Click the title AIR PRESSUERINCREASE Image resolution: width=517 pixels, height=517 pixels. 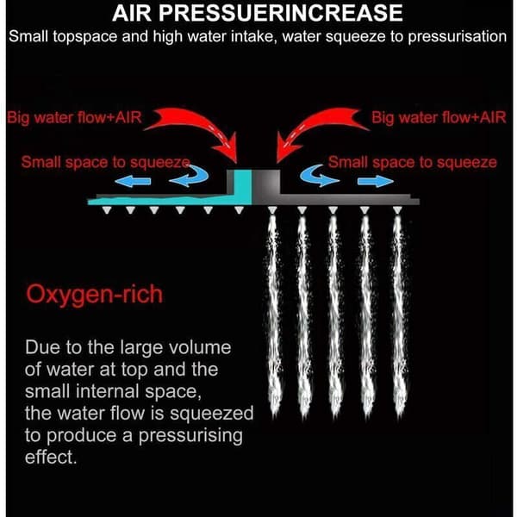click(257, 13)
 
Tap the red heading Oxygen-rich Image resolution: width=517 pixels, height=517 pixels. click(94, 295)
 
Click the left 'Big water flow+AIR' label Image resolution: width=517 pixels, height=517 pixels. click(74, 118)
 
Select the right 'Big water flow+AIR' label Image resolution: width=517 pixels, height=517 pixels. click(439, 118)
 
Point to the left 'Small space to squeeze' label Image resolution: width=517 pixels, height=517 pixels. click(106, 162)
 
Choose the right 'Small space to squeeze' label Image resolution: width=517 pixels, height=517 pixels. click(413, 162)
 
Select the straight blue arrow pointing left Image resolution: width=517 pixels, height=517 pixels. click(133, 181)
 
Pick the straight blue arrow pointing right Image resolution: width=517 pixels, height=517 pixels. click(376, 181)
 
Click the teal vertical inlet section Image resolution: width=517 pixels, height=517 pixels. click(243, 187)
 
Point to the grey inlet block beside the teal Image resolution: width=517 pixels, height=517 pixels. click(266, 182)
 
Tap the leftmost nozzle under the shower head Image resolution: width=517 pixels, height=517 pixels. click(107, 209)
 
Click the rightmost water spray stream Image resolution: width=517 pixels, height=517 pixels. click(398, 314)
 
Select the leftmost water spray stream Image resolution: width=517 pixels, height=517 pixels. click(273, 314)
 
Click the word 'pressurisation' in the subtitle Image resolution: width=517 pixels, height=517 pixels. click(458, 37)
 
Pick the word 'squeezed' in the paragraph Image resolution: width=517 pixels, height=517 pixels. click(212, 414)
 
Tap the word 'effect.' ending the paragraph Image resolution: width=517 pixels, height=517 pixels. click(51, 457)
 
